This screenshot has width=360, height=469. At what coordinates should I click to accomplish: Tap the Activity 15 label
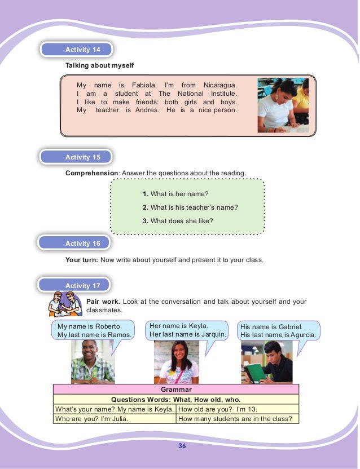click(77, 157)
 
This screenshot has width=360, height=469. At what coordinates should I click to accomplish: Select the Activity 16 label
click(77, 244)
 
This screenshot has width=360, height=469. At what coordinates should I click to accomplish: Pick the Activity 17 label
click(77, 286)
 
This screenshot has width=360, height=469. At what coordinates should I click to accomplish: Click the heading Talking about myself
click(99, 66)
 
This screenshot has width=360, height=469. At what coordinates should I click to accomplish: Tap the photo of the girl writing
click(283, 105)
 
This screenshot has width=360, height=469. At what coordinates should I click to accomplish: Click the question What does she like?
click(181, 220)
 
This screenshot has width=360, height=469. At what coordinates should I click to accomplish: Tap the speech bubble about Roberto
click(95, 330)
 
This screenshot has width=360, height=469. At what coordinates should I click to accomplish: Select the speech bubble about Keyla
click(187, 330)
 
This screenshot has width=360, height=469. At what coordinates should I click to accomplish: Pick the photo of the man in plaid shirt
click(93, 362)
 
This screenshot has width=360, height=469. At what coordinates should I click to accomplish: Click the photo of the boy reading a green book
click(266, 362)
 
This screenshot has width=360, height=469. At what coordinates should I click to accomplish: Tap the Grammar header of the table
click(175, 390)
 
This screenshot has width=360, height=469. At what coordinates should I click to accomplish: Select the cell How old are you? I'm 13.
click(237, 409)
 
